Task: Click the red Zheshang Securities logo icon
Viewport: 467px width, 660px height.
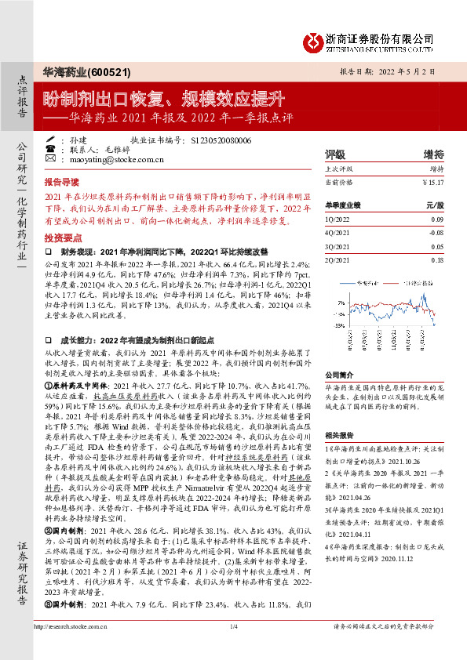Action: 313,39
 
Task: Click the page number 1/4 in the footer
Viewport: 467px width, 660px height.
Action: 233,647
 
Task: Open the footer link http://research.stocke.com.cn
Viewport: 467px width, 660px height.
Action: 72,647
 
